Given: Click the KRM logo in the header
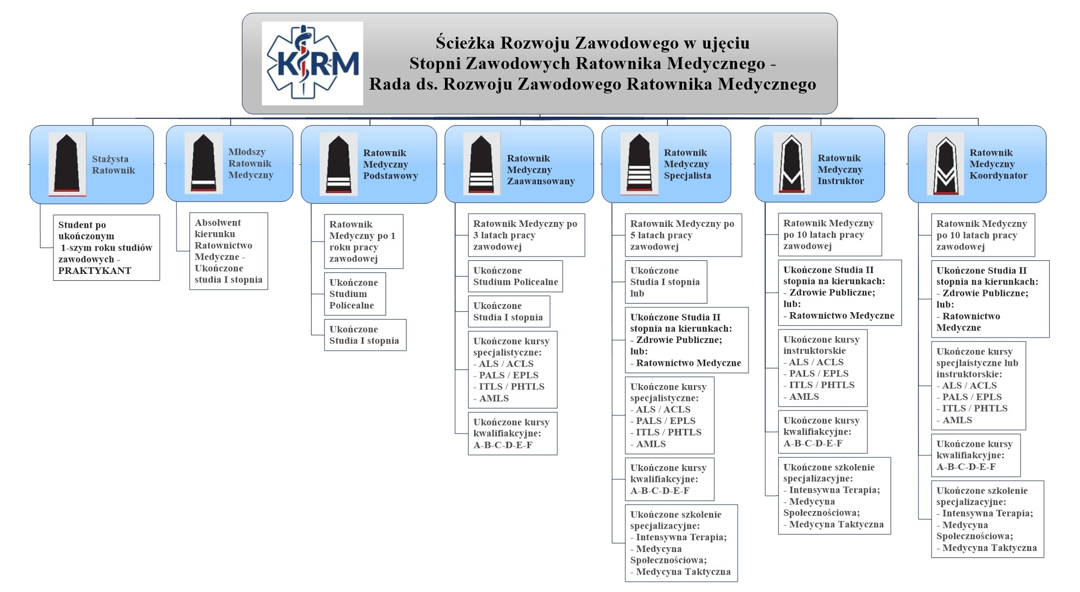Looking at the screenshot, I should point(312,63).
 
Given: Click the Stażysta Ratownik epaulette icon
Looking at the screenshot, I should point(67,164).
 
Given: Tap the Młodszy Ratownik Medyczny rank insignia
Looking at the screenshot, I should point(204,164).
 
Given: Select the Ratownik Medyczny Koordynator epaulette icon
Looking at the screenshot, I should point(945,164).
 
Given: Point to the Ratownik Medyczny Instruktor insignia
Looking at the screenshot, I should point(792,164).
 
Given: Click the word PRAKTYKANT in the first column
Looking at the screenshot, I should point(94,271).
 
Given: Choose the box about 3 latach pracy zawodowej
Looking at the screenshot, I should point(526,235).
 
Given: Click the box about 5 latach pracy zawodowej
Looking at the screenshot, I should point(683,235).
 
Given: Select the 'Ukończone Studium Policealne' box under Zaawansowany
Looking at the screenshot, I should point(515,276).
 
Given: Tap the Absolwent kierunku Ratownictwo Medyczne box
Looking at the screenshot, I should point(228,251).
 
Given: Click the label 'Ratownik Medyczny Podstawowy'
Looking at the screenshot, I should point(390,164).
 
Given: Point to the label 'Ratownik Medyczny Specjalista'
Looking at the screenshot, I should point(687,164).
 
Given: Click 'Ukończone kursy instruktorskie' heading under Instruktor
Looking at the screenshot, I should point(821,345).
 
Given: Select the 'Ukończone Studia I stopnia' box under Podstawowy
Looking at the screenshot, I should point(364,335).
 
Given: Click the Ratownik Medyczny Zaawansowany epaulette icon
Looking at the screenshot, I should point(481,164).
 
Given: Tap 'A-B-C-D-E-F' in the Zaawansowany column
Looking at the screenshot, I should point(503,445).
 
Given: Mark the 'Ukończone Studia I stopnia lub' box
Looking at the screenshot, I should point(665,282).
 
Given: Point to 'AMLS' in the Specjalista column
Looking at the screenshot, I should point(651,444).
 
